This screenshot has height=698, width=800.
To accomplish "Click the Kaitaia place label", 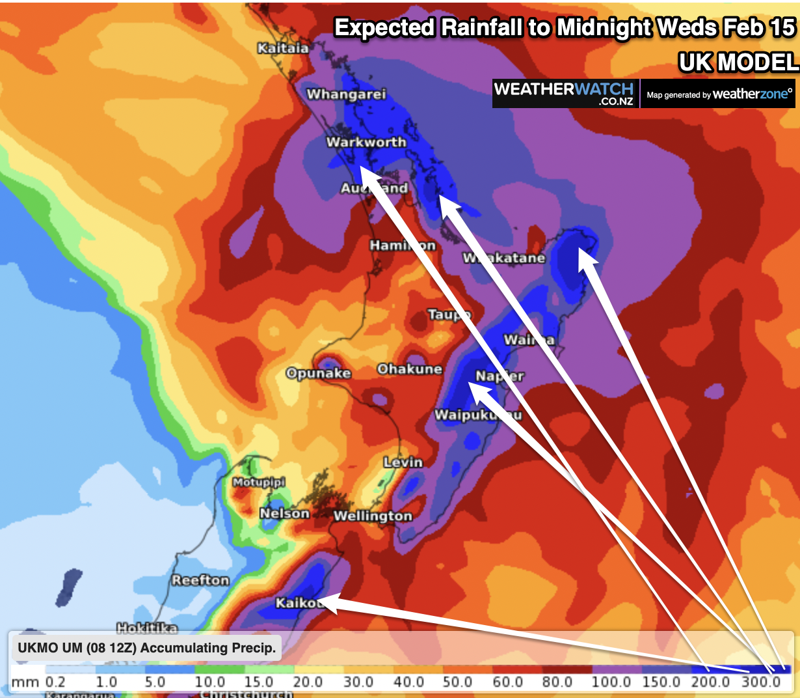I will pyautogui.click(x=283, y=48).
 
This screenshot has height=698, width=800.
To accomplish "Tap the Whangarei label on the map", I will pyautogui.click(x=346, y=94).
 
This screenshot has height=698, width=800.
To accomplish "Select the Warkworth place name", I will pyautogui.click(x=366, y=142).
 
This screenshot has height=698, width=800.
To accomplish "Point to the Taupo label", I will pyautogui.click(x=449, y=315).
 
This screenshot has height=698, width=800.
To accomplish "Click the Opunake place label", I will pyautogui.click(x=319, y=374).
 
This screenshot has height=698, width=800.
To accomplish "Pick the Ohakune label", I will pyautogui.click(x=410, y=369).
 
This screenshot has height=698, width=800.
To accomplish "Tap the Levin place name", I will pyautogui.click(x=403, y=462).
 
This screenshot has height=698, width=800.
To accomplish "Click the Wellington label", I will pyautogui.click(x=373, y=516).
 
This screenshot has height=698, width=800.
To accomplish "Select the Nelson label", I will pyautogui.click(x=285, y=514).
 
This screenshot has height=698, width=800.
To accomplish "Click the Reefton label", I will pyautogui.click(x=200, y=580).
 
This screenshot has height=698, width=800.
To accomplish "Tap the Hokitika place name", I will pyautogui.click(x=147, y=628).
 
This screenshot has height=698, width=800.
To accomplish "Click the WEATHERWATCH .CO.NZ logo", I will pyautogui.click(x=564, y=93).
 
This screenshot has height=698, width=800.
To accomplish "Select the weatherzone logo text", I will pyautogui.click(x=753, y=94).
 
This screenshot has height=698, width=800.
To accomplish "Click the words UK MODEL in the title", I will pyautogui.click(x=738, y=63).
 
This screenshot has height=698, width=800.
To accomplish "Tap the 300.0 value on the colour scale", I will pyautogui.click(x=761, y=682).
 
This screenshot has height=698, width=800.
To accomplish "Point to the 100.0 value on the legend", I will pyautogui.click(x=611, y=682).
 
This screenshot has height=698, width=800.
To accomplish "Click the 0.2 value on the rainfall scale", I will pyautogui.click(x=56, y=682).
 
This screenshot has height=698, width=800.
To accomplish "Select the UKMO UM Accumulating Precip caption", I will pyautogui.click(x=147, y=648).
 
